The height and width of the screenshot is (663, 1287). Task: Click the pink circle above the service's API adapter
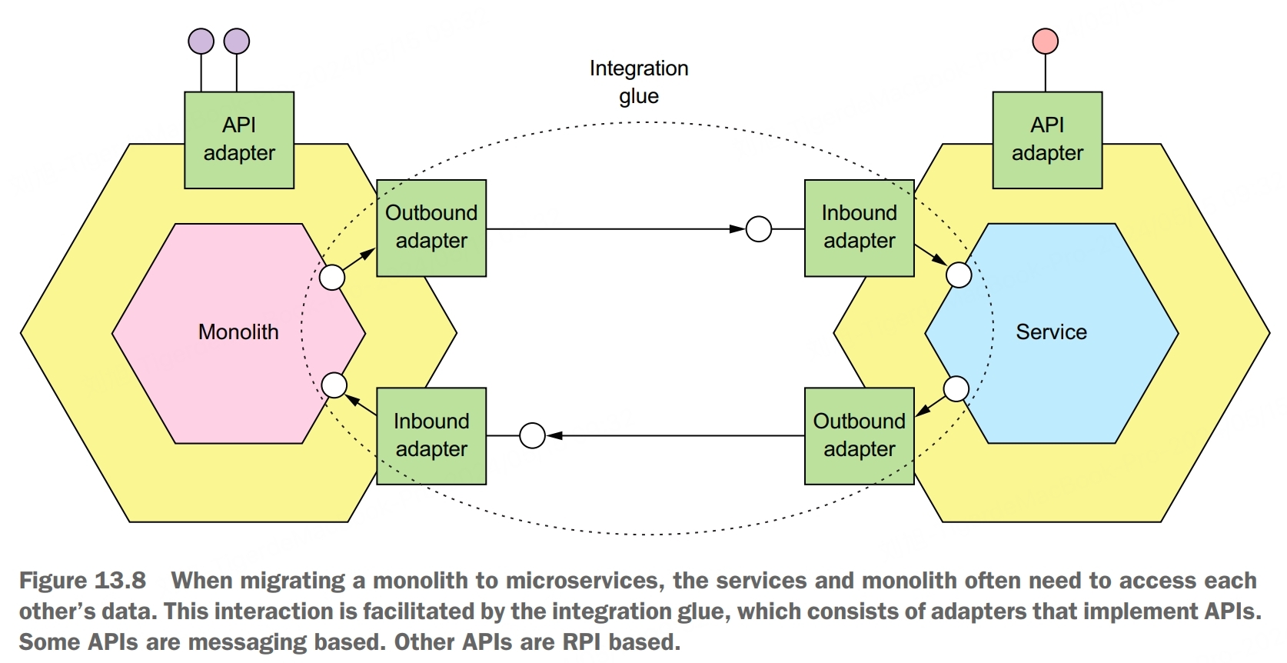[x=1045, y=41]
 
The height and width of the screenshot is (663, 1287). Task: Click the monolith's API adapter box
[x=239, y=140]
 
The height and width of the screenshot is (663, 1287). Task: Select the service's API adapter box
[x=1047, y=140]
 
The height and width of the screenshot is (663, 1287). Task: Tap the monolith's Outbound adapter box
[x=431, y=228]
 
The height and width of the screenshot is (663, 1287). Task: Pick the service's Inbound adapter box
[x=859, y=228]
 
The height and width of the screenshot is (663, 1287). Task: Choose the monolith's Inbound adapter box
[x=431, y=435]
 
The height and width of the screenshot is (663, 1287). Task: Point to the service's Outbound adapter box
[x=859, y=435]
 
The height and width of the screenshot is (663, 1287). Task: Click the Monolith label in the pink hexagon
[x=238, y=332]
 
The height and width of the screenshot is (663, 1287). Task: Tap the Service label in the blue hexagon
[x=1051, y=332]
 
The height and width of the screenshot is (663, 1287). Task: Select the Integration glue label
[x=639, y=82]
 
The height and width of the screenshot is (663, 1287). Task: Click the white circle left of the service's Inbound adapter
[x=759, y=228]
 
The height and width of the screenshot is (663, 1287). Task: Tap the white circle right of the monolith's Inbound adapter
[x=532, y=435]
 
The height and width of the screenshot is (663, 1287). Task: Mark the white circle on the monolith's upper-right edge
[x=332, y=277]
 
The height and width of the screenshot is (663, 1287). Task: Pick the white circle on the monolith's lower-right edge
[x=334, y=385]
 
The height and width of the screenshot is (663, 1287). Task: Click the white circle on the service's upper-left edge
[x=959, y=275]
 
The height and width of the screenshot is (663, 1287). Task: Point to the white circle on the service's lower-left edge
[x=956, y=388]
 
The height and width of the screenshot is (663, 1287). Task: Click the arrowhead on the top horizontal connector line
[x=737, y=228]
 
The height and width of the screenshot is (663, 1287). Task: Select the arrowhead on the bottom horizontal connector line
[x=554, y=435]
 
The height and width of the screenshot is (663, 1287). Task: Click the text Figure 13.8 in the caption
[x=82, y=581]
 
